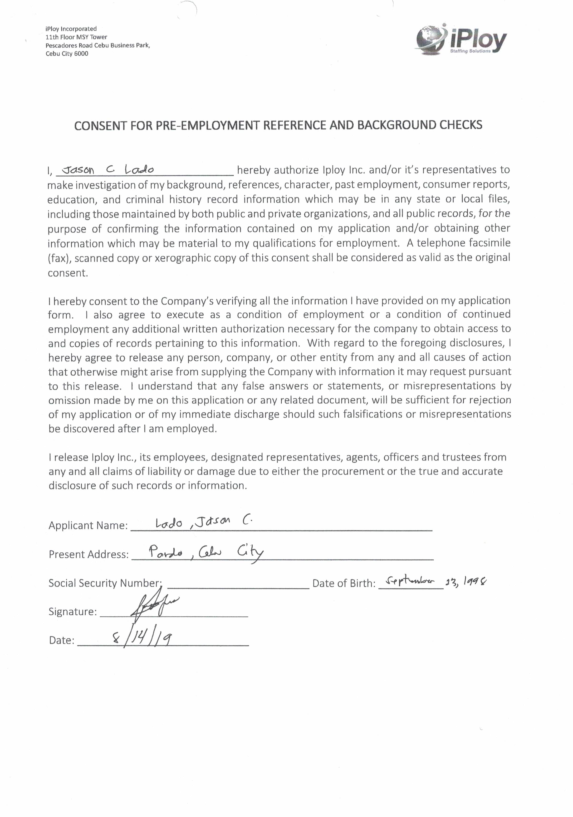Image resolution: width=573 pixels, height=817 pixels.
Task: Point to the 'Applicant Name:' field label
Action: point(88,526)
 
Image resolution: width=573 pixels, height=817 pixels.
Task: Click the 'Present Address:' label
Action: point(88,554)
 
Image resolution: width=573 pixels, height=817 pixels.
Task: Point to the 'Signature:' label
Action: point(73,612)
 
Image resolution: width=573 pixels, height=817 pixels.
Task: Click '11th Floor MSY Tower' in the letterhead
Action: point(76,37)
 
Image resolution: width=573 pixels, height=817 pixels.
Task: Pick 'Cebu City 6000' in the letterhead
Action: point(67,54)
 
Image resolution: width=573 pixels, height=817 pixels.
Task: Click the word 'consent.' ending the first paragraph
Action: point(68,273)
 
